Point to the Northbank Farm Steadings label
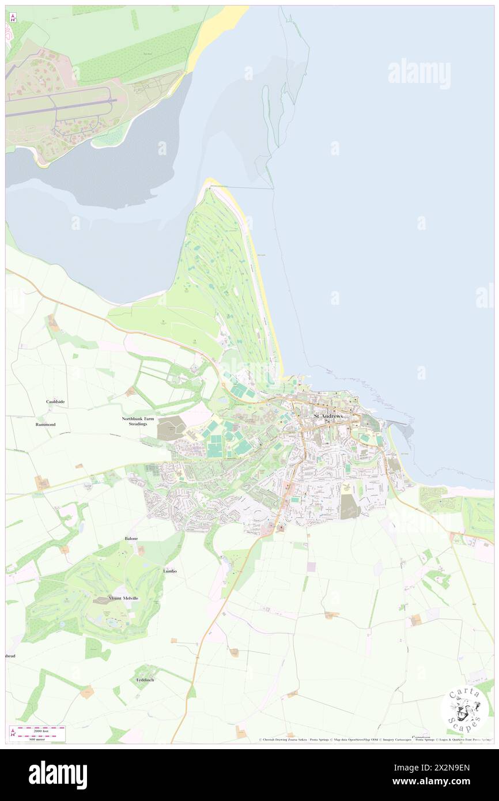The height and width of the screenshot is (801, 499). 134,421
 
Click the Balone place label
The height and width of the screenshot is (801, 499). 131,538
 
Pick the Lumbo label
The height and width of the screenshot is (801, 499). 169,571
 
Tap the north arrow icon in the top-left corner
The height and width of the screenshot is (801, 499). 13,17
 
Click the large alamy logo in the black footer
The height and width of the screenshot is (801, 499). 58,774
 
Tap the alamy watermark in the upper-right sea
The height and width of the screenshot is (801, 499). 419,74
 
